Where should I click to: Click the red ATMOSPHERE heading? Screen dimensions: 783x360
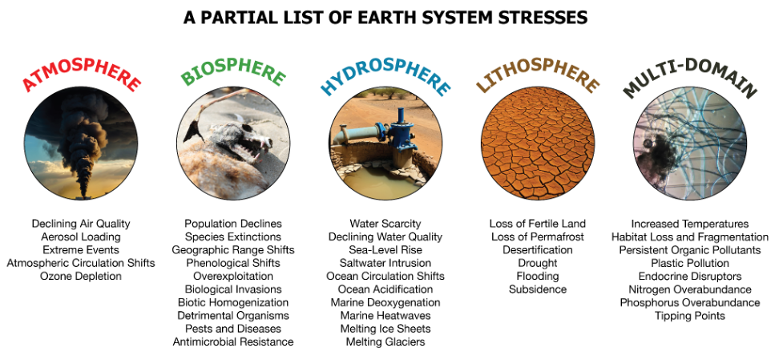[82, 75]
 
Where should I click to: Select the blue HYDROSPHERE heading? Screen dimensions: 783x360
[385, 75]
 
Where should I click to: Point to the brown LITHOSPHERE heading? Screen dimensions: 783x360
[538, 75]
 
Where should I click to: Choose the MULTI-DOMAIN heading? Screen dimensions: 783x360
[690, 76]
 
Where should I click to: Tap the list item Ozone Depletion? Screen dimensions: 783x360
[81, 276]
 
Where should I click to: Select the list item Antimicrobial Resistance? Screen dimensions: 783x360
[233, 342]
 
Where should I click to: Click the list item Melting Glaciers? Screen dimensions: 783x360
[385, 342]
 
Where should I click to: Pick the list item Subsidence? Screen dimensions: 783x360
[538, 289]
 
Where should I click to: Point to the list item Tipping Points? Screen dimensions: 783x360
[690, 316]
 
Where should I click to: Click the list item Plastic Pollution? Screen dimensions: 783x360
[690, 263]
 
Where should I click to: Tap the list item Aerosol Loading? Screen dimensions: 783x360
[81, 237]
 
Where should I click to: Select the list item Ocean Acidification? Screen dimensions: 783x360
[385, 289]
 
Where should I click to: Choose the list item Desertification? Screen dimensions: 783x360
[538, 249]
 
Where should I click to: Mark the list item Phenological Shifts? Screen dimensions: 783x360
[233, 263]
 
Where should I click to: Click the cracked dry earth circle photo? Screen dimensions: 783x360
[538, 144]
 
